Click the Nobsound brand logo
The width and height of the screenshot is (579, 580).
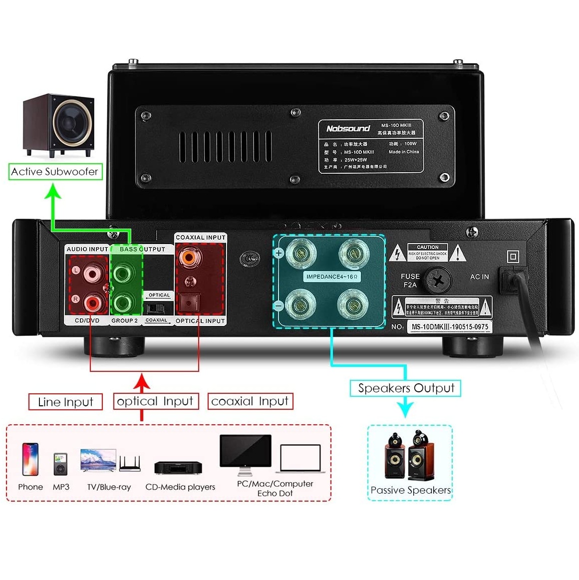pos(348,129)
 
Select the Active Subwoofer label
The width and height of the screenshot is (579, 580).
pos(55,172)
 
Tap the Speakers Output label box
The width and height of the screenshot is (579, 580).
pos(406,388)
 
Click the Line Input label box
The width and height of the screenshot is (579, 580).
pos(65,402)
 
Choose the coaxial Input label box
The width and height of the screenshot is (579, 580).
pos(250,401)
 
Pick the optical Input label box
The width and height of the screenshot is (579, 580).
pos(155,401)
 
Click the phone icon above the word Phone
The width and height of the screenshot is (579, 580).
pos(30,459)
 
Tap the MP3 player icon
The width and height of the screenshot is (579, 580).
pos(61,464)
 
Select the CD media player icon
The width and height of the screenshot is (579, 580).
pos(178,468)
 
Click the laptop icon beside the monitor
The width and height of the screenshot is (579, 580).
pos(300,459)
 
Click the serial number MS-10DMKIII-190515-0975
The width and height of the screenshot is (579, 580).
pos(450,327)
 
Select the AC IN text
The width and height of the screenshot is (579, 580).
pos(479,277)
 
